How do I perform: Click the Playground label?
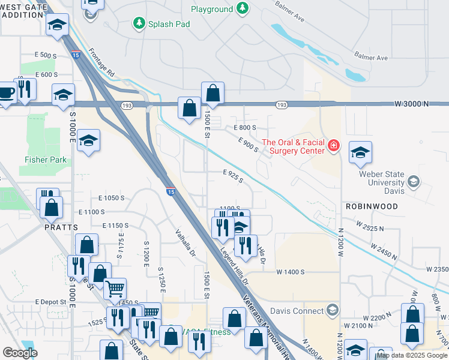(211, 9)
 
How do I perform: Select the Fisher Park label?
(46, 160)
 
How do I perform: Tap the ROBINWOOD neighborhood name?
(372, 206)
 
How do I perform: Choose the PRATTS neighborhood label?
(61, 228)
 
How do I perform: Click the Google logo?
(20, 353)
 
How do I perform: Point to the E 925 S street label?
(233, 176)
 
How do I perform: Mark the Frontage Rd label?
(102, 62)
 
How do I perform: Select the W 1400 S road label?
(291, 272)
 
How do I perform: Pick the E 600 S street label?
(46, 74)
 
